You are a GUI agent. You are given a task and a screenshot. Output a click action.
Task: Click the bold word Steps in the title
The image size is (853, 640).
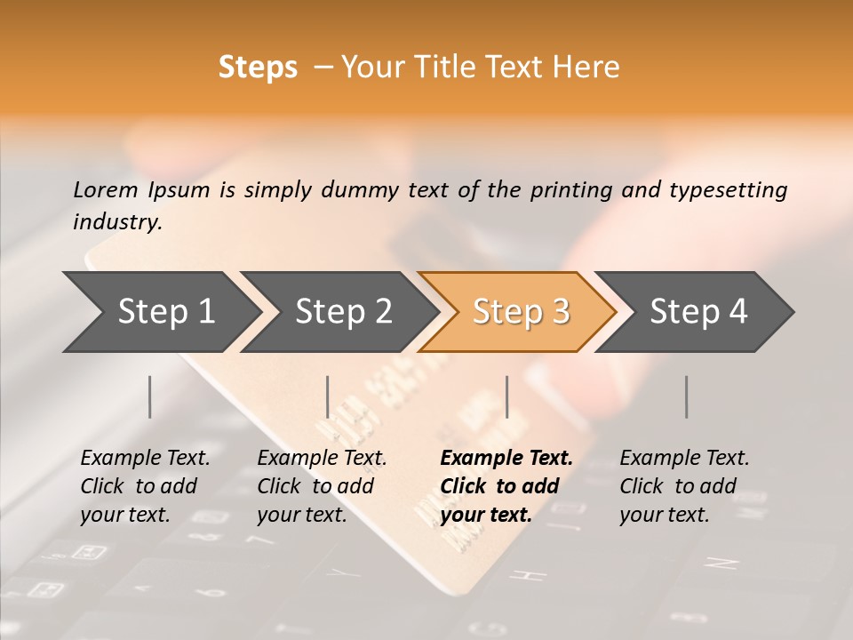click(258, 68)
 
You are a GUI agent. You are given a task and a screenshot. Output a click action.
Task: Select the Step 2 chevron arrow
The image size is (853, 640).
click(343, 312)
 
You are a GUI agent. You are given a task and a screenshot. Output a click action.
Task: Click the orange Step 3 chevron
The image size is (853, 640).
click(521, 312)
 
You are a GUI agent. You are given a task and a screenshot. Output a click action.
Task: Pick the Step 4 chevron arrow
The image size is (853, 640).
click(698, 312)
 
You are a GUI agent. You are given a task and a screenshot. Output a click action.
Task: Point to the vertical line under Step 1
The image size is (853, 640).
click(150, 396)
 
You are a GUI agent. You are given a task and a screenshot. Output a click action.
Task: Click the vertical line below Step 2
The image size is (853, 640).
click(328, 396)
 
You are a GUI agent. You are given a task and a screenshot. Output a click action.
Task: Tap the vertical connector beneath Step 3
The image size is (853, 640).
click(507, 396)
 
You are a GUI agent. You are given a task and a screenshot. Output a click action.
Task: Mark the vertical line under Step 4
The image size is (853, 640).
click(687, 396)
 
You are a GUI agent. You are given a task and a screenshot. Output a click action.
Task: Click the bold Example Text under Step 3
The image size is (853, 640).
click(506, 485)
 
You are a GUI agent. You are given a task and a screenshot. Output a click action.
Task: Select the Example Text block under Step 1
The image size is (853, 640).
click(145, 485)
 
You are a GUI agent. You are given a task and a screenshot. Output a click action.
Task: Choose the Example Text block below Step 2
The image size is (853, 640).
click(322, 485)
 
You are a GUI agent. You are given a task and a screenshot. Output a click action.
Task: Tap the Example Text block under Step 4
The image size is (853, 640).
click(684, 485)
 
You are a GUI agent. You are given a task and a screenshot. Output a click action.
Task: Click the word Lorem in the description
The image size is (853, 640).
click(106, 189)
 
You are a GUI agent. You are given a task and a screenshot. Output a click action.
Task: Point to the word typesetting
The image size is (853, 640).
click(728, 190)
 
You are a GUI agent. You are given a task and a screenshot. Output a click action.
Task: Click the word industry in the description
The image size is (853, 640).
click(116, 221)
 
